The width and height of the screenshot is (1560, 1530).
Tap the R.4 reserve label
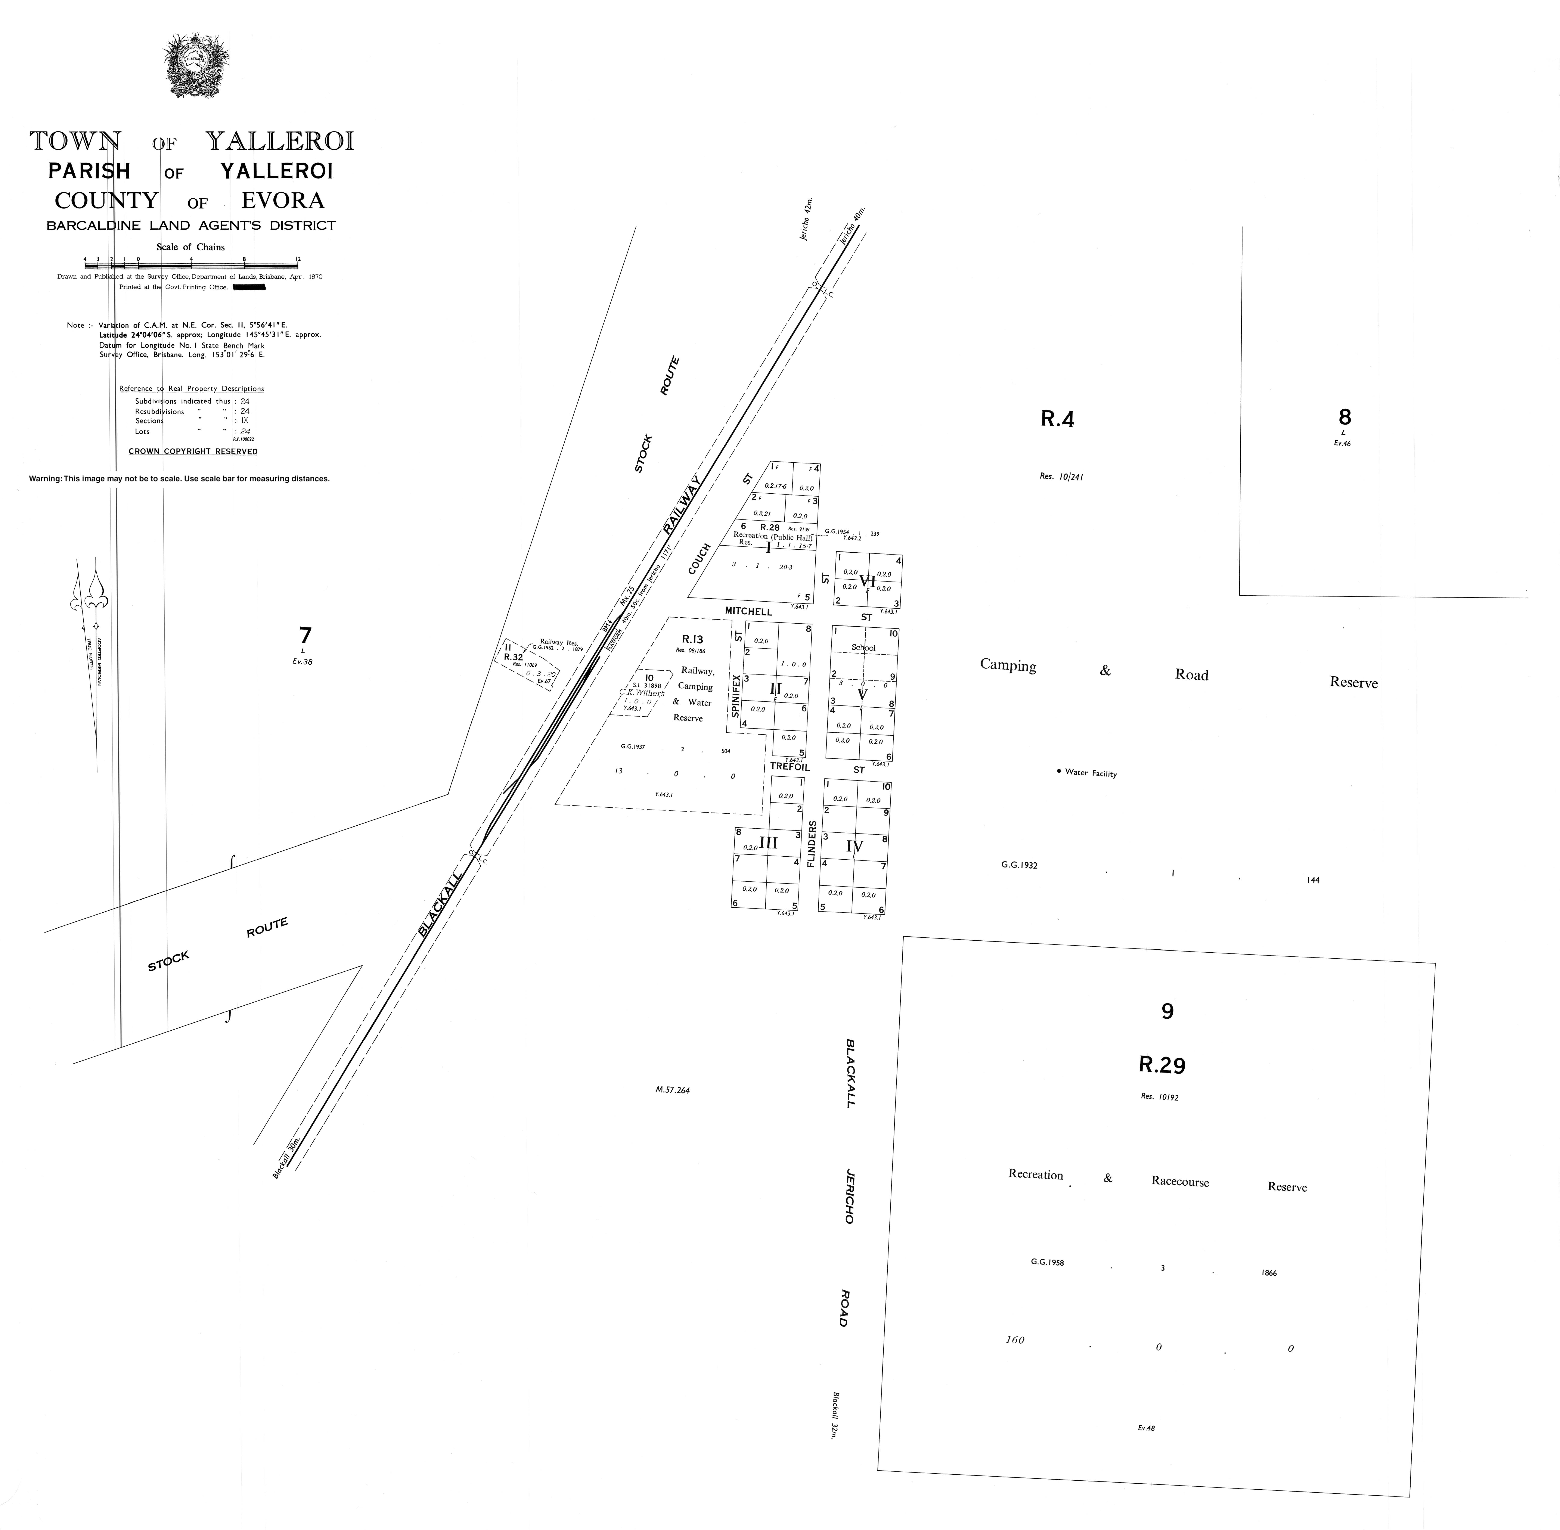pyautogui.click(x=1057, y=419)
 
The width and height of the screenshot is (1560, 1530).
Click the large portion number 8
pyautogui.click(x=1344, y=417)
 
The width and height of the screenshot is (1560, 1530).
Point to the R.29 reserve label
pyautogui.click(x=1161, y=1065)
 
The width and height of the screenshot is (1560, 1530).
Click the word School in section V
pyautogui.click(x=862, y=648)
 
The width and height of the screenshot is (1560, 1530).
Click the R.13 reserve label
pyautogui.click(x=692, y=640)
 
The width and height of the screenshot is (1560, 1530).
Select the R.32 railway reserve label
pyautogui.click(x=513, y=657)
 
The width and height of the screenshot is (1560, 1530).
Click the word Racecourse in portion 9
pyautogui.click(x=1179, y=1181)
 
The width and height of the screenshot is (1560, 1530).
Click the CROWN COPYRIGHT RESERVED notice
pyautogui.click(x=193, y=452)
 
